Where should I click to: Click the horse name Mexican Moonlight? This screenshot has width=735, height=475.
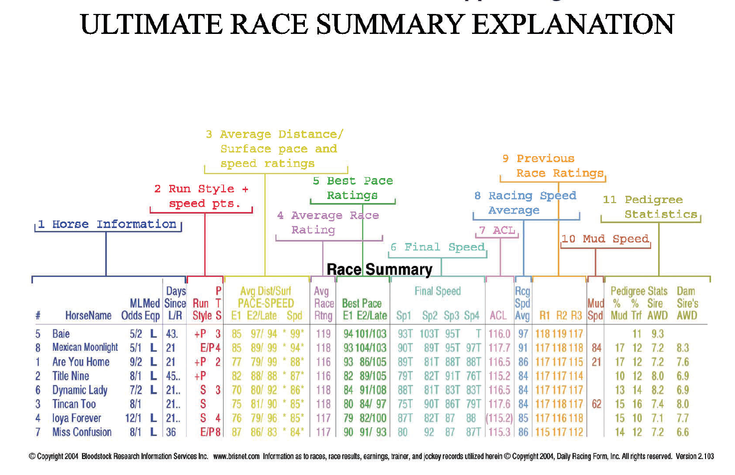85,347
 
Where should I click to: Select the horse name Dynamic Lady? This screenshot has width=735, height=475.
80,390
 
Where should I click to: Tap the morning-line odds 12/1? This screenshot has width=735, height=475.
133,418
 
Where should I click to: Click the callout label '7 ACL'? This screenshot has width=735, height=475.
497,231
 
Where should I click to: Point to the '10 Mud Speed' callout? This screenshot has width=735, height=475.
605,239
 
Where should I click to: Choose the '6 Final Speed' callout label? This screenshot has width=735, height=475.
438,246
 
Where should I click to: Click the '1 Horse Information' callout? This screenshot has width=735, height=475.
107,224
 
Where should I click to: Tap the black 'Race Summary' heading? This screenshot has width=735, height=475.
380,269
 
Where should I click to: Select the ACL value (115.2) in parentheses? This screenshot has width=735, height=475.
499,418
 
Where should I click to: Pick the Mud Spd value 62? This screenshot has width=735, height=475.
596,404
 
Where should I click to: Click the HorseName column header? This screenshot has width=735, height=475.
88,315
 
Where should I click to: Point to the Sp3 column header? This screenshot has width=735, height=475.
452,316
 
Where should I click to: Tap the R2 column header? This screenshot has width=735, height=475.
561,315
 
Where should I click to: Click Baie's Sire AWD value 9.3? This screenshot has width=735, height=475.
658,334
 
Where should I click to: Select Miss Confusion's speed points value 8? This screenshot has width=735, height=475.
218,433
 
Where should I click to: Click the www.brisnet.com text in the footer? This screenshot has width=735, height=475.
236,457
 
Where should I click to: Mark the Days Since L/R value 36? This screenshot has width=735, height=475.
171,433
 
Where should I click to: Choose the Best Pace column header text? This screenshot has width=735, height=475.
362,303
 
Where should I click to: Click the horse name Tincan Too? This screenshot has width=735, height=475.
74,404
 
